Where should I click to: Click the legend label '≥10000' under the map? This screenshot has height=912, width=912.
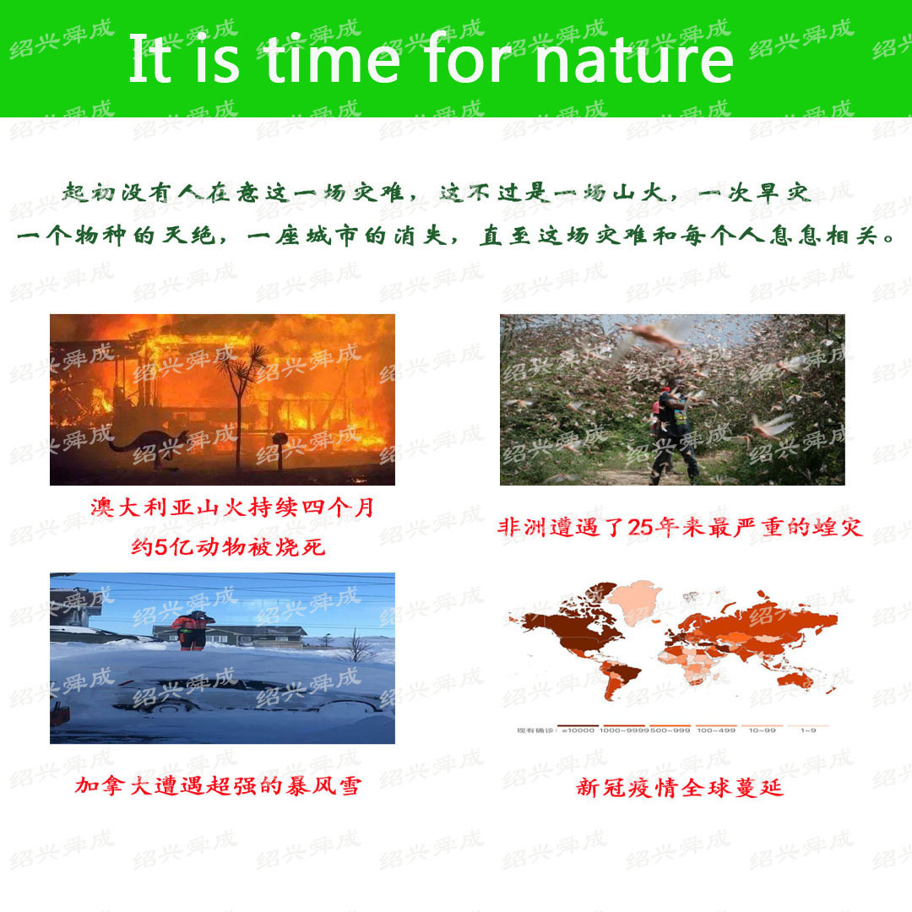[579, 730]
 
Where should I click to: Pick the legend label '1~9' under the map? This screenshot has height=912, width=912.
[809, 730]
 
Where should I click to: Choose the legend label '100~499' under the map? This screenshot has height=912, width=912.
[716, 730]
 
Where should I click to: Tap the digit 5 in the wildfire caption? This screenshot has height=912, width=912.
[161, 547]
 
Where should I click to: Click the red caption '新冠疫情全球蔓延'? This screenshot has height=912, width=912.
[680, 788]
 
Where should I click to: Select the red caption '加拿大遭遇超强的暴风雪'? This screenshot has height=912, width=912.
[218, 786]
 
